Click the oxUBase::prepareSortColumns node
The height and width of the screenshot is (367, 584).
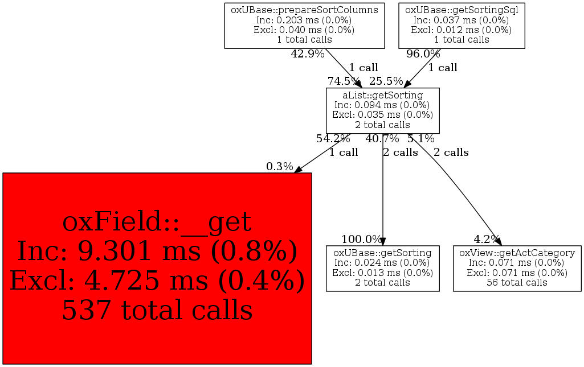(304, 26)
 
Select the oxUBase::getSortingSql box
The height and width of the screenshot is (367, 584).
(462, 26)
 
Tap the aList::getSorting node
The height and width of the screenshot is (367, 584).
(382, 110)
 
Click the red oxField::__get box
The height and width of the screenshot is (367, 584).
(157, 268)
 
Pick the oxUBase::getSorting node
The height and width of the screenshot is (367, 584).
(382, 268)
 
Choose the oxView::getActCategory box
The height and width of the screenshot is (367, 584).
(517, 268)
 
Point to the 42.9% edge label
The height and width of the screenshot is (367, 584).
(308, 54)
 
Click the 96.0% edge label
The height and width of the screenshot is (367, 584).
(423, 54)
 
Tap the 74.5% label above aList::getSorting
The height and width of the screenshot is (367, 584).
(344, 81)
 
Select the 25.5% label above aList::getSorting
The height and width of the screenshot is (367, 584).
(386, 81)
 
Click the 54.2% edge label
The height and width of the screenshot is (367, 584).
(333, 139)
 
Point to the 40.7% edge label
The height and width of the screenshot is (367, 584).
(382, 139)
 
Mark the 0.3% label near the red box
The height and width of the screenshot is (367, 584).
(280, 167)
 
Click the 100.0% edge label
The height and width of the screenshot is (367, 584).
(362, 239)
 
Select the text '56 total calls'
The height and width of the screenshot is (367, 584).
(517, 283)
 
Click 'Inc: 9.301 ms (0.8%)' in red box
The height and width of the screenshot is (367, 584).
(157, 251)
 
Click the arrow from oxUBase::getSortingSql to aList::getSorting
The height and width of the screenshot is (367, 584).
(423, 68)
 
